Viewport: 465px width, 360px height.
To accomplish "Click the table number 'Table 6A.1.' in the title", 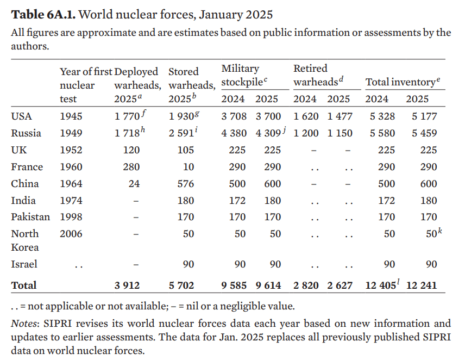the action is coord(43,15).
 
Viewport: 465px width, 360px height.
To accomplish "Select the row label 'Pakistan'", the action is coord(30,217).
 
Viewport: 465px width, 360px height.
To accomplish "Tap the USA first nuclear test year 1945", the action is coord(71,116).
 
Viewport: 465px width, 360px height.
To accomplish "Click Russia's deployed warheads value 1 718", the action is coord(127,133).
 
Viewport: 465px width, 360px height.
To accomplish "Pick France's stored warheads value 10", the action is coord(188,167).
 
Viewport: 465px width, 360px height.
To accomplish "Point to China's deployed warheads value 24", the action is coord(134,184).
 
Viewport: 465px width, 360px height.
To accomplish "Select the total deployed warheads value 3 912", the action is coord(127,285).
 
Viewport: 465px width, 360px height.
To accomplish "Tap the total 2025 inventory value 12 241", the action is coord(422,285).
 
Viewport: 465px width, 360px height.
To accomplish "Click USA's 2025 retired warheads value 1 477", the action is coord(340,116).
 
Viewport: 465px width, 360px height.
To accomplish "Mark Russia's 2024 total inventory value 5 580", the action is coord(382,133).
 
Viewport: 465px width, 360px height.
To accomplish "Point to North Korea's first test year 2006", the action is coord(71,234).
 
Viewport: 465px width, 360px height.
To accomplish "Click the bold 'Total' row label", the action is coord(24,285).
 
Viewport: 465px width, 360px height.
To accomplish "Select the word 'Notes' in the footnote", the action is coord(24,323).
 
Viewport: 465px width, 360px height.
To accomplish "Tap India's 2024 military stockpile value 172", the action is coord(237,201).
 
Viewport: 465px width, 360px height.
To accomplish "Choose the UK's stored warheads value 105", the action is coord(186,150).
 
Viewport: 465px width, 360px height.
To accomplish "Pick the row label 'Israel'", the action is coord(24,264).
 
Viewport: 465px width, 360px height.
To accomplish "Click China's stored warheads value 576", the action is coord(186,184).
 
